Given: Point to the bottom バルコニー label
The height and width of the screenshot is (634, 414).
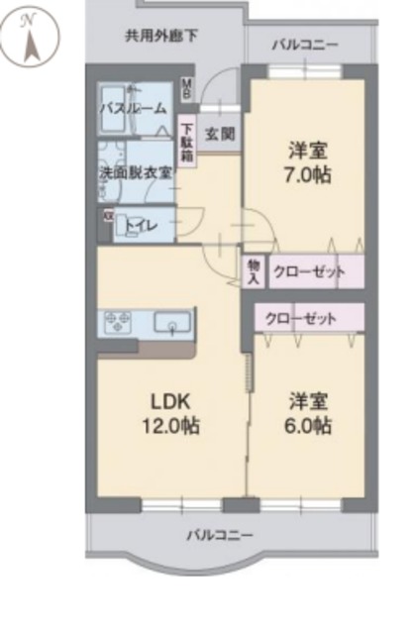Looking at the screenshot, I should pyautogui.click(x=219, y=536).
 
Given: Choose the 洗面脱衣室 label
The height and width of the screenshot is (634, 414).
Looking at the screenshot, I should pyautogui.click(x=136, y=171).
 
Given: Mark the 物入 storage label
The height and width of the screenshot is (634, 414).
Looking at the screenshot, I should pyautogui.click(x=254, y=271).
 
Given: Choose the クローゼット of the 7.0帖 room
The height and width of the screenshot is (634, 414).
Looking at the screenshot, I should pyautogui.click(x=309, y=271).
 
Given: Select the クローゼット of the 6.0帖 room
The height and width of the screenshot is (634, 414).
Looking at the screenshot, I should pyautogui.click(x=300, y=319).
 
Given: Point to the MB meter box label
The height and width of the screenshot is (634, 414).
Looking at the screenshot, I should pyautogui.click(x=186, y=88).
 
